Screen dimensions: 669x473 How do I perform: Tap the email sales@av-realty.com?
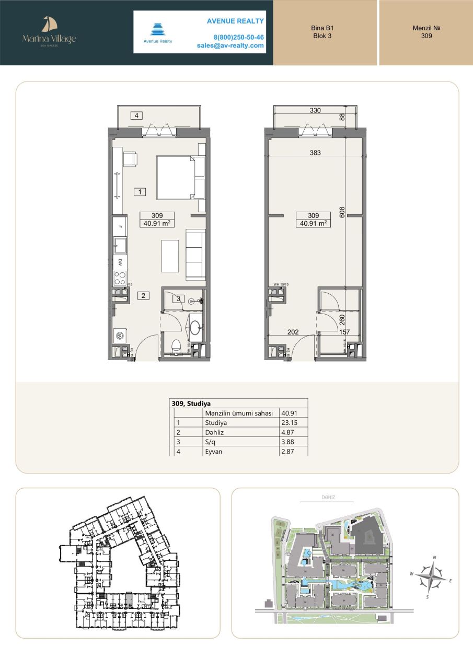click(230, 45)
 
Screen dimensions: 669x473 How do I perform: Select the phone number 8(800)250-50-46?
click(238, 37)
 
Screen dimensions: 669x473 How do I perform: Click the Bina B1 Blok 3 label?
click(322, 32)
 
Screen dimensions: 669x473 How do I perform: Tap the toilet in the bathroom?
click(176, 344)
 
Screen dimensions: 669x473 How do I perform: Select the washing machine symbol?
click(119, 336)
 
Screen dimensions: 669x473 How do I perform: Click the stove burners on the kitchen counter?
click(120, 277)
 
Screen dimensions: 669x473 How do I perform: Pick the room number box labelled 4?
click(136, 116)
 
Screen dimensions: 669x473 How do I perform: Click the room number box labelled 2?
click(144, 295)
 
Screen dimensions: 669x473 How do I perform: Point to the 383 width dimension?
click(314, 153)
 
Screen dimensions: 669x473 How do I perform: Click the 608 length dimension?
click(342, 212)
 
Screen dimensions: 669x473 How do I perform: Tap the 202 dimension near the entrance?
click(293, 331)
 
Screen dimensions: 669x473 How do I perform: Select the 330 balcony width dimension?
click(315, 110)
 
